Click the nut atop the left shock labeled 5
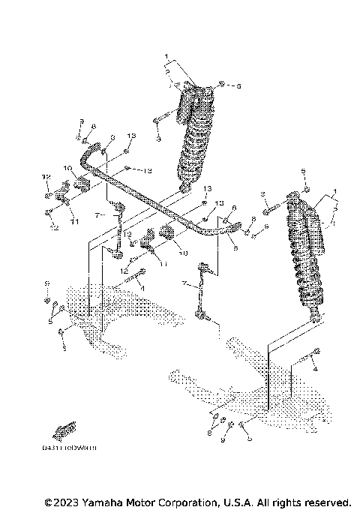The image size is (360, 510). click(x=221, y=85)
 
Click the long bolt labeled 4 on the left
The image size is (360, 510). click(x=133, y=282)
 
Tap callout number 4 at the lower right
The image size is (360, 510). click(x=316, y=370)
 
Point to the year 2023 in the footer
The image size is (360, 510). click(x=66, y=502)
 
